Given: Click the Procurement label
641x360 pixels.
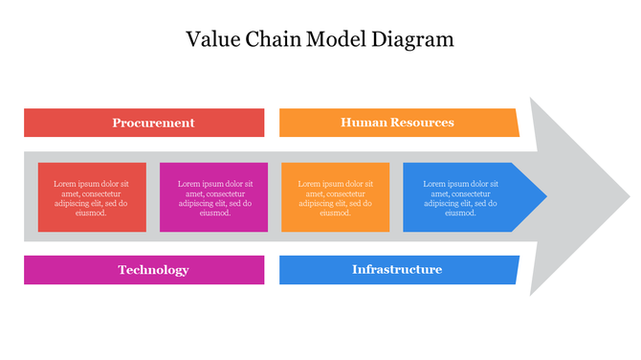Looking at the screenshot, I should [x=153, y=123].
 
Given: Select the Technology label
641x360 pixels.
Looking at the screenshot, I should [x=153, y=270].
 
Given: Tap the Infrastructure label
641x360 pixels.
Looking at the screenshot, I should [x=397, y=270].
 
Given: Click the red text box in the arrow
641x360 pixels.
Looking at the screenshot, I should [x=92, y=197].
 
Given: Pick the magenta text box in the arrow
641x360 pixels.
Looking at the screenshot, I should [x=213, y=197].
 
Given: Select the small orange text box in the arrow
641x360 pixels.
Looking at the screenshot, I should [x=336, y=197].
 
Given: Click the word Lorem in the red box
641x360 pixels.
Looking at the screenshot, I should [x=65, y=184].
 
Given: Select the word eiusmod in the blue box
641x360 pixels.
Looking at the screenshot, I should [x=461, y=213].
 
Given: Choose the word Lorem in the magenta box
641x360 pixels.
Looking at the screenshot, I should [x=188, y=184].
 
